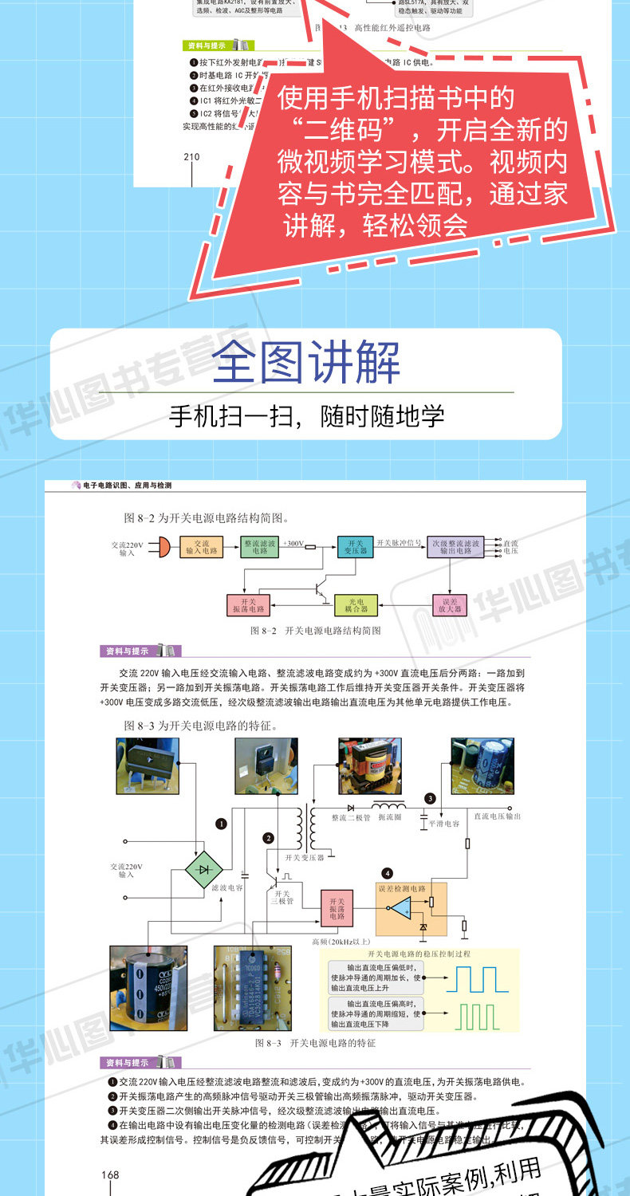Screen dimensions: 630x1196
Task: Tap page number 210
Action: point(191,156)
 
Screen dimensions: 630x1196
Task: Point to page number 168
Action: point(110,1174)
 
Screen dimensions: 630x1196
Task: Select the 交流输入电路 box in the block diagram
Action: point(201,547)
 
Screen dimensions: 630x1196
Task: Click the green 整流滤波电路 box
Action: point(260,547)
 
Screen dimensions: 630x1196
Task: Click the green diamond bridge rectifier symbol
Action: point(203,868)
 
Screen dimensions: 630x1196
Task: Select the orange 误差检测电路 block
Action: point(411,908)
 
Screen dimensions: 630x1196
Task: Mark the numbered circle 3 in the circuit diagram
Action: point(430,798)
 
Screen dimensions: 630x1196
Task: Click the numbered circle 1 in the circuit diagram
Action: point(221,824)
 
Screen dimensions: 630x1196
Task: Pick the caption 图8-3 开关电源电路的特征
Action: point(314,1043)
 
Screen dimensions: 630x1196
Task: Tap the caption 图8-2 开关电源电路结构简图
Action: point(314,630)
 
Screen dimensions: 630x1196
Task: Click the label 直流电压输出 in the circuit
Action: point(497,816)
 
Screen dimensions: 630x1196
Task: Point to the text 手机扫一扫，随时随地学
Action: point(306,416)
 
